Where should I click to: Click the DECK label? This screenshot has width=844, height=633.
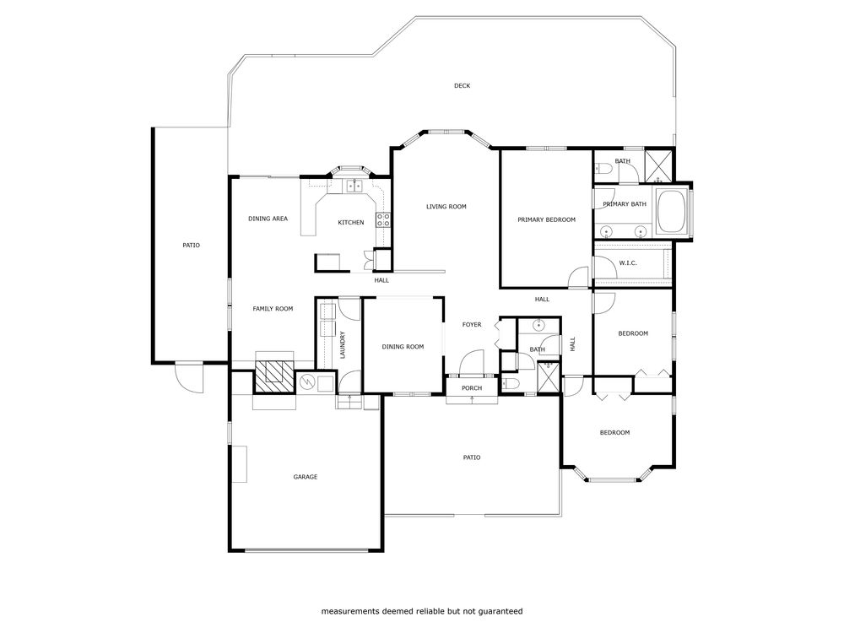click(x=462, y=85)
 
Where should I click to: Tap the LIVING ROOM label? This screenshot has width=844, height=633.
click(x=446, y=207)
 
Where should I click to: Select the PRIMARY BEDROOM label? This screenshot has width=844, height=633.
click(x=546, y=219)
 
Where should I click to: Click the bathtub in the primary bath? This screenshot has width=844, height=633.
click(x=670, y=211)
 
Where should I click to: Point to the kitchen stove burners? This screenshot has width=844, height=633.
click(x=383, y=219)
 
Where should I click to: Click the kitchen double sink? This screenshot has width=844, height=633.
click(x=354, y=187)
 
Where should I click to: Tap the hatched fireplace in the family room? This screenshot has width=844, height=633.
click(x=274, y=376)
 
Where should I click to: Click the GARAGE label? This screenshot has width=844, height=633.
click(x=306, y=477)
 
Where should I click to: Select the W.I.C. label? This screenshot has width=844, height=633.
click(x=628, y=263)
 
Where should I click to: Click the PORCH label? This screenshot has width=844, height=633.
click(x=472, y=388)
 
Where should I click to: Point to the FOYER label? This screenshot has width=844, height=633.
click(x=472, y=325)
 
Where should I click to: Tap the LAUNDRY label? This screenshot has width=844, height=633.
click(x=343, y=345)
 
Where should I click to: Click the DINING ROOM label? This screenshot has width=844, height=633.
click(x=403, y=347)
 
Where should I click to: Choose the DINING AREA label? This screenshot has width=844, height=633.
click(x=268, y=219)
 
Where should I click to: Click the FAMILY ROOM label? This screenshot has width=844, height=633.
click(x=273, y=309)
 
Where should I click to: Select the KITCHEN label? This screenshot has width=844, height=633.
click(x=351, y=222)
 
